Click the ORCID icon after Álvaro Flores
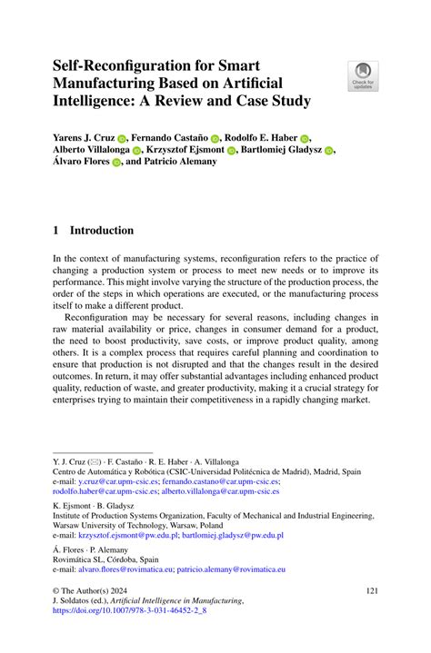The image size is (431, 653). (x=116, y=166)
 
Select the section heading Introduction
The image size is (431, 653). (x=102, y=231)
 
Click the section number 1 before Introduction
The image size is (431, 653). (x=56, y=231)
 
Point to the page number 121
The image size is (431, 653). (x=369, y=590)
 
